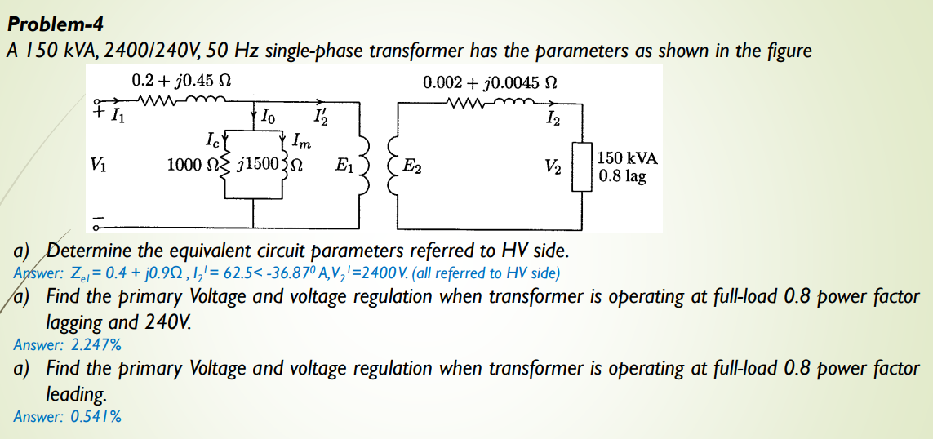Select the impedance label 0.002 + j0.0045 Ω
tap(490, 82)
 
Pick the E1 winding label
tap(344, 164)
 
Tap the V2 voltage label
tap(554, 166)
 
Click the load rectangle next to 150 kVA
tap(580, 166)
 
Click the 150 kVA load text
tap(628, 158)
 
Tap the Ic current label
tap(216, 136)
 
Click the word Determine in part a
tap(87, 250)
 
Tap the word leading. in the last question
tap(77, 394)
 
